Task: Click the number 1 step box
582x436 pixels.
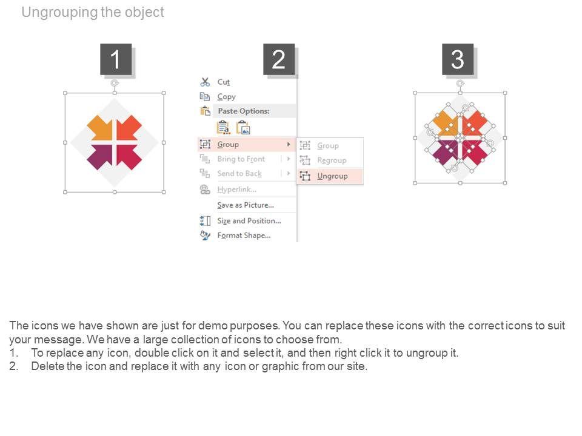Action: [116, 59]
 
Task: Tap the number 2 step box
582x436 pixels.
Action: [279, 59]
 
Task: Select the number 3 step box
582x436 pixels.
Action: [458, 59]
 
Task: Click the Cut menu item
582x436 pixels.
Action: [224, 82]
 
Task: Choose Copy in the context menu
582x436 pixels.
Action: [226, 97]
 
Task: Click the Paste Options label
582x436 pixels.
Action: [244, 111]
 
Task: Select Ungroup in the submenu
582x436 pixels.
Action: [332, 176]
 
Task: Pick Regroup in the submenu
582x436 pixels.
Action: [332, 160]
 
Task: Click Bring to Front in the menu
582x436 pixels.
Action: [241, 159]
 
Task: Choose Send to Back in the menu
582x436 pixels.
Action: [239, 174]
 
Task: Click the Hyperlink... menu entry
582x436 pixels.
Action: [237, 190]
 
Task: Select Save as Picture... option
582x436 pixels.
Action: [246, 205]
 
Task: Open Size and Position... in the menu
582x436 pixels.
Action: [249, 220]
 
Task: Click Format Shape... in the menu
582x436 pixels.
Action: [244, 236]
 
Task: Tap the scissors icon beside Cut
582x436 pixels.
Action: [205, 82]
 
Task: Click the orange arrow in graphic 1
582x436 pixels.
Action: [99, 128]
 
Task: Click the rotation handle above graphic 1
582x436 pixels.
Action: [115, 83]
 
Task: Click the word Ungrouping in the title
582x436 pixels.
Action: [59, 12]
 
